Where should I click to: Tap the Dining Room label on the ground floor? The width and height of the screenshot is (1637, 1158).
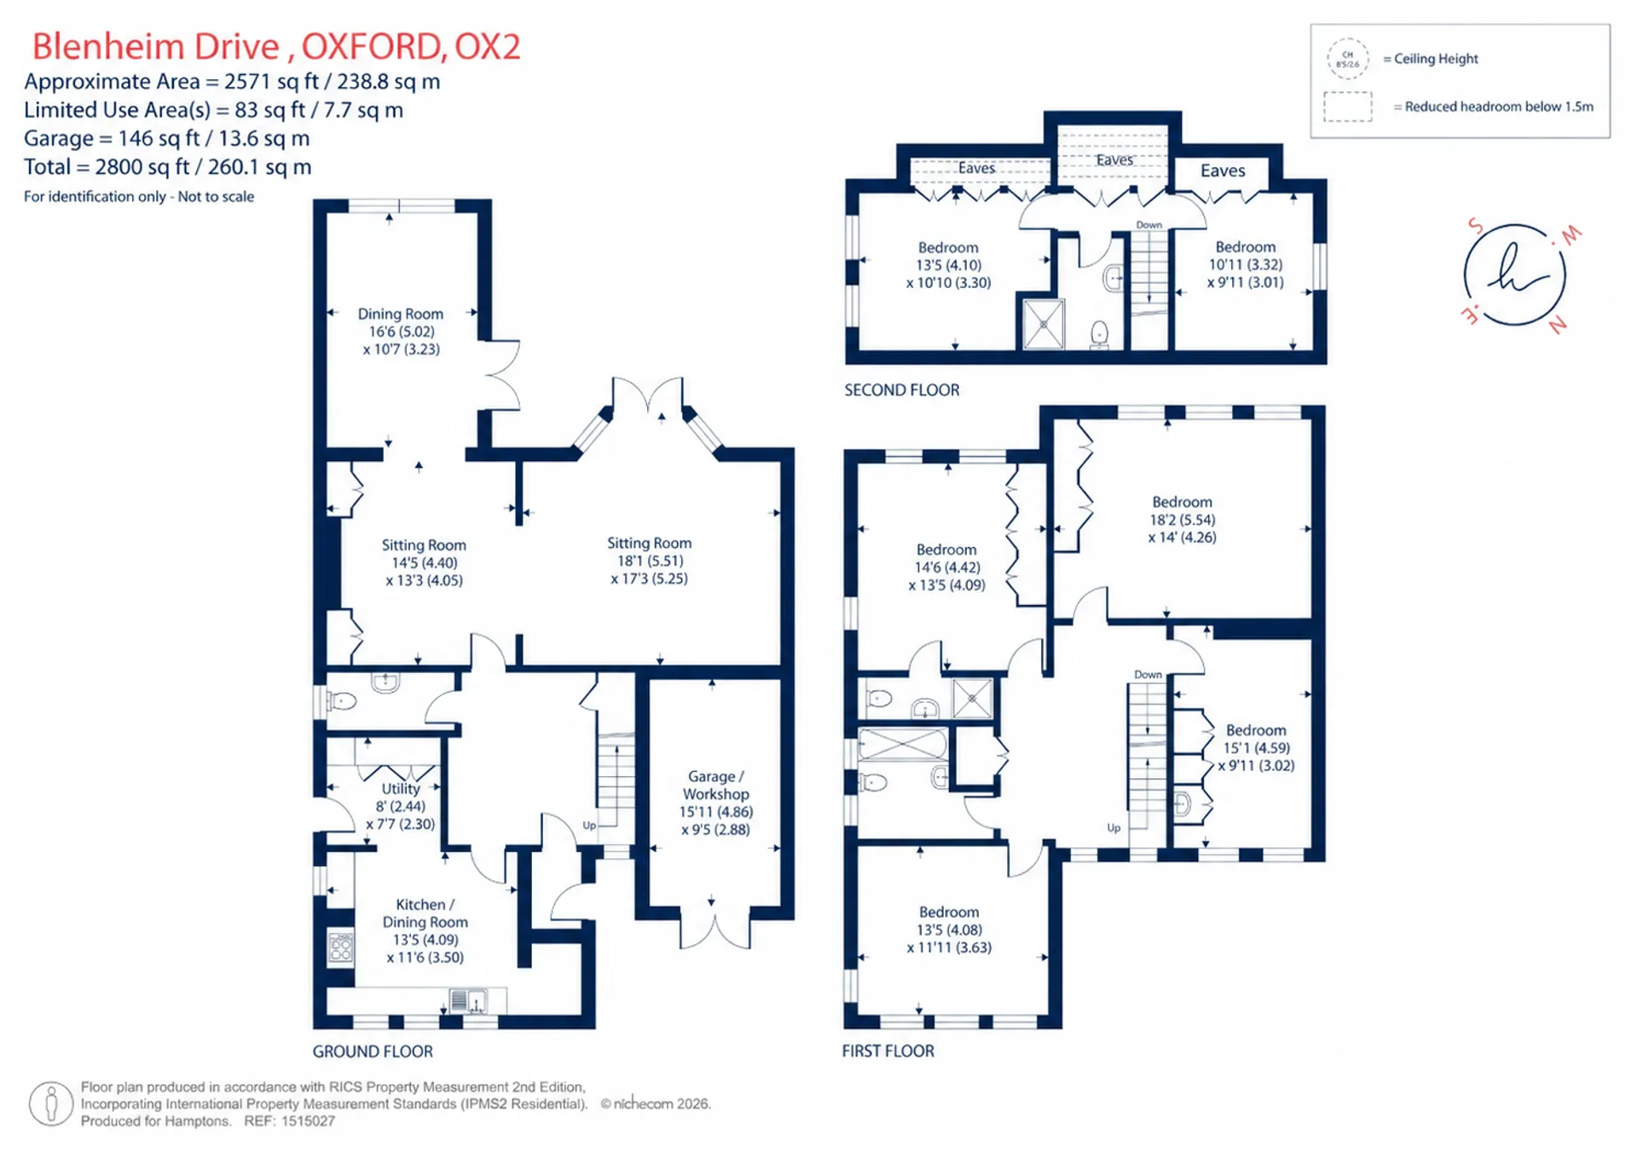[x=401, y=331]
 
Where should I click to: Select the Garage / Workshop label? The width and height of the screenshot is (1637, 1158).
[x=716, y=803]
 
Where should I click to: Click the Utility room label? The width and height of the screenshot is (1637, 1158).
[x=401, y=806]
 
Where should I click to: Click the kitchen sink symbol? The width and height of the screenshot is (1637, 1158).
[x=468, y=1000]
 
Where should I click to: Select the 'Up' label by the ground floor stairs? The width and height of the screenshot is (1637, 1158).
[x=589, y=825]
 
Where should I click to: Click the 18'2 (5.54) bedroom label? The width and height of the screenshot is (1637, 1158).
[x=1182, y=520]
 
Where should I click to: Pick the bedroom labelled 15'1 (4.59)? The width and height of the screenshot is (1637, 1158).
[x=1256, y=748]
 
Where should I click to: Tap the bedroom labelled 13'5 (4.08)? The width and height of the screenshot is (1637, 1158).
[x=949, y=930]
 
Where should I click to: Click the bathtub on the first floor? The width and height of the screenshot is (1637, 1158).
[x=903, y=745]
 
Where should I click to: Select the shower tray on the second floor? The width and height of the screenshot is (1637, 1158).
[x=1044, y=324]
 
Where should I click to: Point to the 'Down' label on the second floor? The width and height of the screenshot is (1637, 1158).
[x=1149, y=225]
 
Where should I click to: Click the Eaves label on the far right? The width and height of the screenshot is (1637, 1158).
[x=1223, y=170]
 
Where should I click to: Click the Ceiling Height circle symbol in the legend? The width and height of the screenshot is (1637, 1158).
[x=1348, y=59]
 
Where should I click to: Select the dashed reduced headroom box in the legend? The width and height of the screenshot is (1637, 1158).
[x=1348, y=107]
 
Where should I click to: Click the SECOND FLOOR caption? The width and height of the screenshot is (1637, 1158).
[x=902, y=390]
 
